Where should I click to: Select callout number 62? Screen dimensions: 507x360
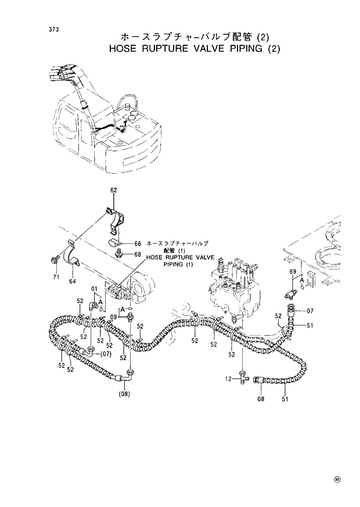(x=114, y=190)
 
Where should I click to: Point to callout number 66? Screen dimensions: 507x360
(x=138, y=243)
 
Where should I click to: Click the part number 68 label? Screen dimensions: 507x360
(x=138, y=254)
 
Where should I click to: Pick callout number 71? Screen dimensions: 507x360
(x=56, y=278)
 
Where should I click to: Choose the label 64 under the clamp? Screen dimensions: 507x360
(x=73, y=282)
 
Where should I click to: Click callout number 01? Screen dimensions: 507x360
(x=93, y=289)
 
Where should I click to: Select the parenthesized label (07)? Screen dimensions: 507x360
(x=105, y=353)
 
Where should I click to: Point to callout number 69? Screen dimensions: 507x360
(x=293, y=271)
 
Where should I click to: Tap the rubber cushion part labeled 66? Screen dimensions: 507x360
(x=115, y=240)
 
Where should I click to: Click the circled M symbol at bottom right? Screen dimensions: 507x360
(x=336, y=479)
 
